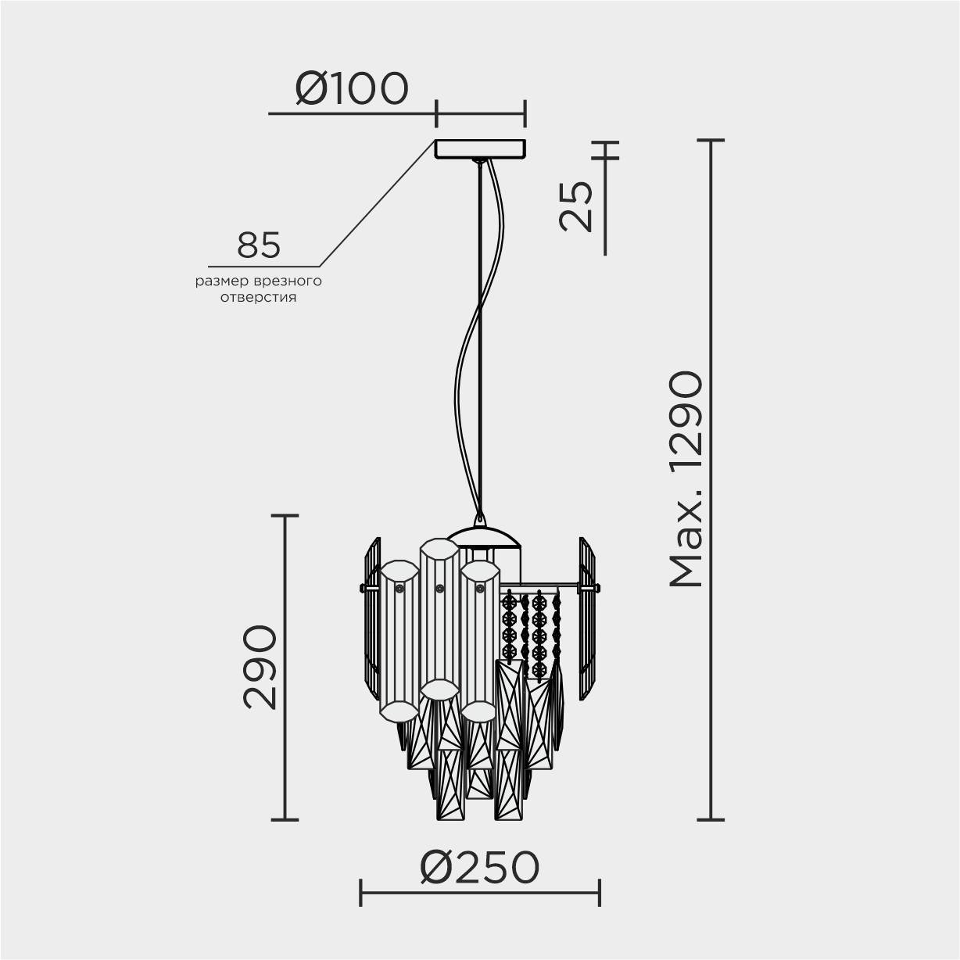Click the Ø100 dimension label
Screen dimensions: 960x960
click(x=352, y=88)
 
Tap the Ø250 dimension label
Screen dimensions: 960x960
click(x=480, y=867)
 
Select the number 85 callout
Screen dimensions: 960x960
click(x=259, y=245)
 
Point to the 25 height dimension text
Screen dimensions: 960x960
click(x=576, y=206)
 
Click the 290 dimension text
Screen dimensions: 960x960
click(x=260, y=667)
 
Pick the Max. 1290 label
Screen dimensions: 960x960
click(x=686, y=478)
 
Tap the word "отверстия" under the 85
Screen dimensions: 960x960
click(x=259, y=298)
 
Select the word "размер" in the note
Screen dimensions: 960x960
click(x=222, y=282)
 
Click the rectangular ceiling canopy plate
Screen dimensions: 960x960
click(x=480, y=149)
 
